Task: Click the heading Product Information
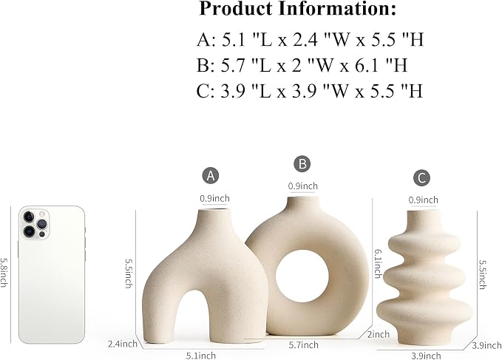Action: point(297,9)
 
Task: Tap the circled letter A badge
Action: point(211,175)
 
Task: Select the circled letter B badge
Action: point(302,163)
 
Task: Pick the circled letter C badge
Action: point(421,177)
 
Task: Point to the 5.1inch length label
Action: point(201,356)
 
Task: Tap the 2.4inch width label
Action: point(122,344)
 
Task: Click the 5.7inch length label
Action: point(304,344)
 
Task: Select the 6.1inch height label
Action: point(378,264)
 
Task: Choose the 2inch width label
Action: point(378,334)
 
